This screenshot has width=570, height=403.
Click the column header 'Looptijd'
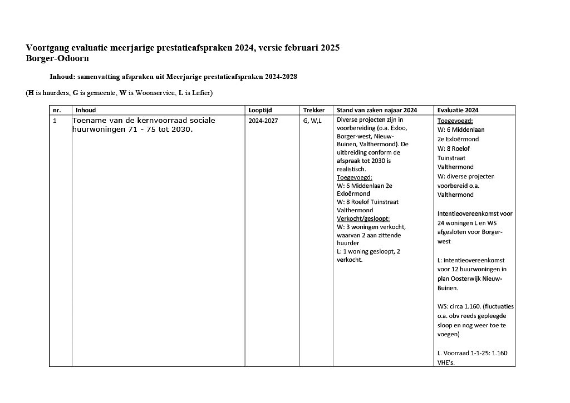tap(260, 110)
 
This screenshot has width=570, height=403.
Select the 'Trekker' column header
tap(314, 110)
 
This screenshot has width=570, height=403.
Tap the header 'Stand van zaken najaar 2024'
tap(377, 110)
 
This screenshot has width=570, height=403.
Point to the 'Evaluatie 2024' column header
tap(458, 110)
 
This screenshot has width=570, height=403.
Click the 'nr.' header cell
tap(57, 110)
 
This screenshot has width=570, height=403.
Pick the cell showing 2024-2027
tap(263, 121)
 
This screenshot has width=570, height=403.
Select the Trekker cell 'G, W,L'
tap(312, 121)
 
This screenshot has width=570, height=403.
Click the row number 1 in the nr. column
tap(55, 121)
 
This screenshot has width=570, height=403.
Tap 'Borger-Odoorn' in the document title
tap(57, 58)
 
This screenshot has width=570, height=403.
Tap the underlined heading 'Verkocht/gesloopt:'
tap(363, 219)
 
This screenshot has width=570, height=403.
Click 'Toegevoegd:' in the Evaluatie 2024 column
tap(455, 121)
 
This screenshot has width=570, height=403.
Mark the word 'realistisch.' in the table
tap(351, 169)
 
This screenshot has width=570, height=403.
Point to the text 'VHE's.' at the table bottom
tap(446, 362)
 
